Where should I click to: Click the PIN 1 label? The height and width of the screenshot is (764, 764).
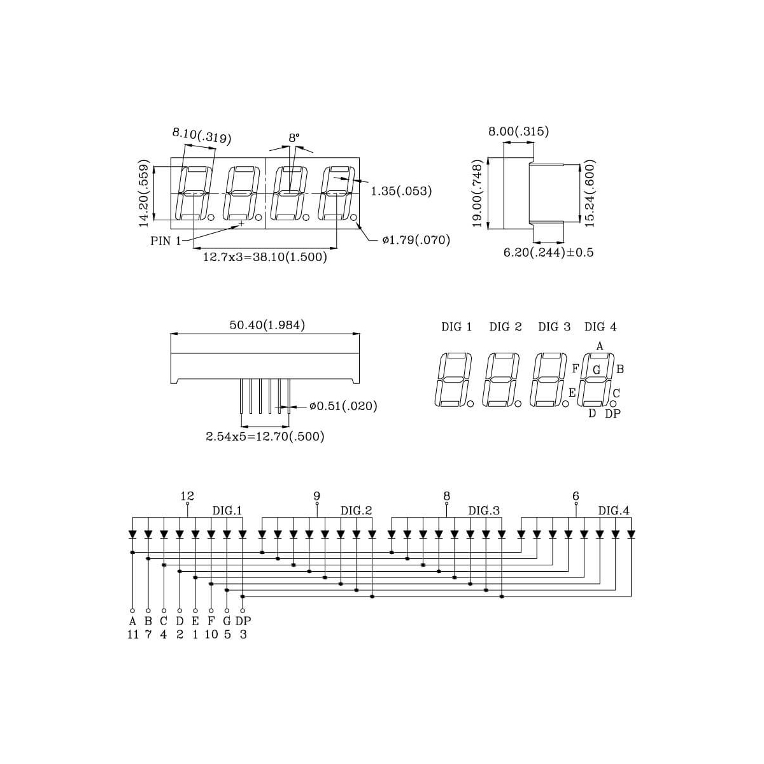[166, 241]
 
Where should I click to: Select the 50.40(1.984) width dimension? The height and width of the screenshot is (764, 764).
[267, 325]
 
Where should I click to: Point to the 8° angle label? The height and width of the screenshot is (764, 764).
[294, 138]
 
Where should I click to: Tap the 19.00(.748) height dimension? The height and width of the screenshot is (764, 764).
[478, 193]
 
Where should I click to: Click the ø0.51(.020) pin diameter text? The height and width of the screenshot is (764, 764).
[343, 406]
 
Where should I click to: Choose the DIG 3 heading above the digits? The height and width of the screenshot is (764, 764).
[555, 327]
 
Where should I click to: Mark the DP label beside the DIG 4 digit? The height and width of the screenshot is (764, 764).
[612, 414]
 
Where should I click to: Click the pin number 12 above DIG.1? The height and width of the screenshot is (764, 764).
[187, 496]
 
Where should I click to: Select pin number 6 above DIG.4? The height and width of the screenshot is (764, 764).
[576, 496]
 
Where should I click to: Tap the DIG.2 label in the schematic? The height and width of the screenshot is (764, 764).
[357, 511]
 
